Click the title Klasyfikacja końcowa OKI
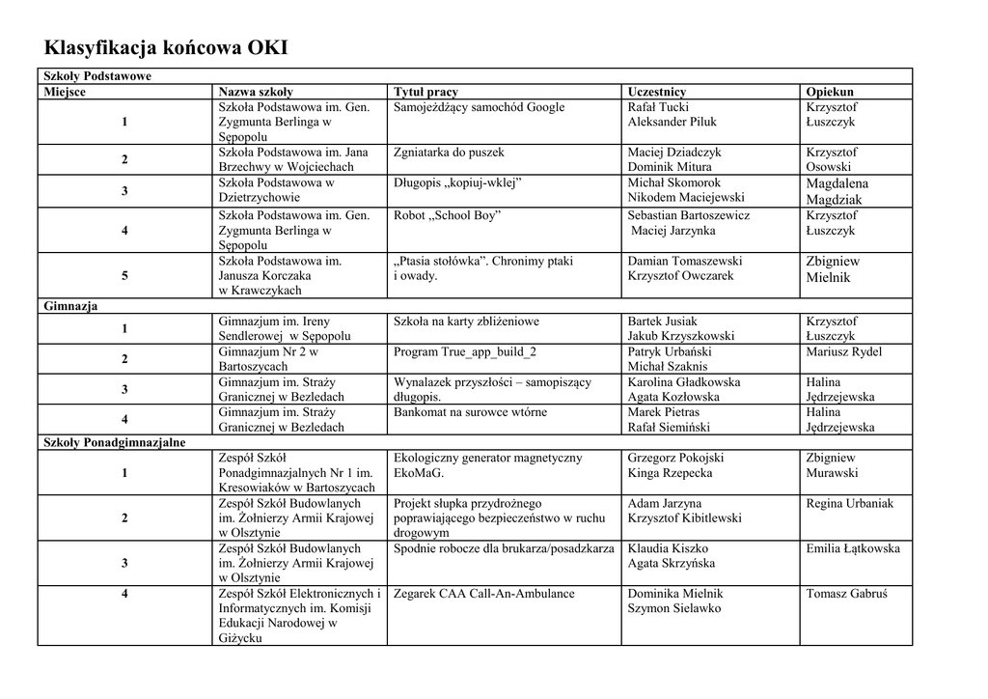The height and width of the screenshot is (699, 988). [166, 48]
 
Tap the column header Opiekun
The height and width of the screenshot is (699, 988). [830, 92]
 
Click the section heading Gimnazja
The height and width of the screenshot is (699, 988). [70, 306]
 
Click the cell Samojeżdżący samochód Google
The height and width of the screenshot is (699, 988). [479, 107]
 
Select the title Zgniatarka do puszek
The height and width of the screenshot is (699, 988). [449, 153]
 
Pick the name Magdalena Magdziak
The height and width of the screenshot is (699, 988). [837, 191]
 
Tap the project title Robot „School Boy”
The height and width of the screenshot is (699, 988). [448, 215]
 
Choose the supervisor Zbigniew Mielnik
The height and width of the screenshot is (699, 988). [832, 268]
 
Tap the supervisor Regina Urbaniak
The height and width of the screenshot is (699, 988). [849, 503]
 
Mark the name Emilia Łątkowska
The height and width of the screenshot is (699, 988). [852, 548]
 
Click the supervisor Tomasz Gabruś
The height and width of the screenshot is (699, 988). [845, 594]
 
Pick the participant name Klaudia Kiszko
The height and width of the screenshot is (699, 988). [668, 548]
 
